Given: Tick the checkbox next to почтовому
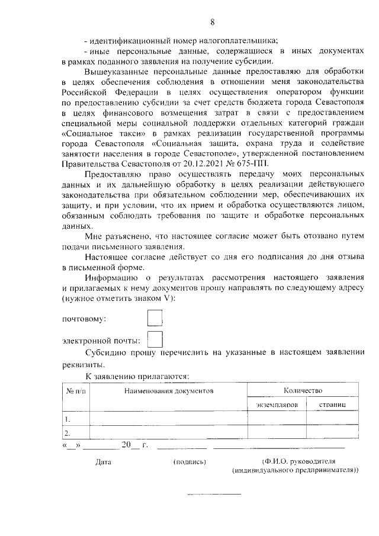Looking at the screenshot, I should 154,318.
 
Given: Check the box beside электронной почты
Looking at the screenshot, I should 154,339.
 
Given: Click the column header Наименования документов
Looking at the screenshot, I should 168,391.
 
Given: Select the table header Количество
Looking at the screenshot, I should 302,391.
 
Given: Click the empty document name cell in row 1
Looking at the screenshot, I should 168,419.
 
